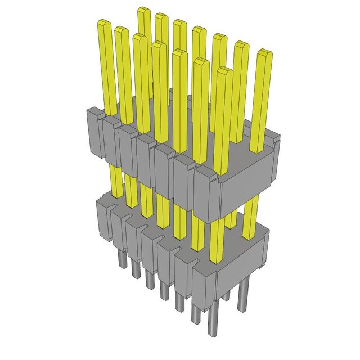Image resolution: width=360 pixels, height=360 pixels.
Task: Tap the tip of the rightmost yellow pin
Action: [x=264, y=54]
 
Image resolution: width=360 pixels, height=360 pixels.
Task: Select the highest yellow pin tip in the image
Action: [x=143, y=11]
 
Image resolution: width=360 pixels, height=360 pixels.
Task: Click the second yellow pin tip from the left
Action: [x=121, y=30]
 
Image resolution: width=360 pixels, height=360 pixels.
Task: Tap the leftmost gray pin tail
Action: [x=121, y=260]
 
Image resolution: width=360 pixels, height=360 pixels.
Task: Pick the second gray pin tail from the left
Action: [x=135, y=273]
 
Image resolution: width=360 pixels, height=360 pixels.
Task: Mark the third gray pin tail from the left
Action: [x=149, y=284]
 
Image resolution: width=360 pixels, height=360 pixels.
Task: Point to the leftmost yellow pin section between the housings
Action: [x=117, y=180]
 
